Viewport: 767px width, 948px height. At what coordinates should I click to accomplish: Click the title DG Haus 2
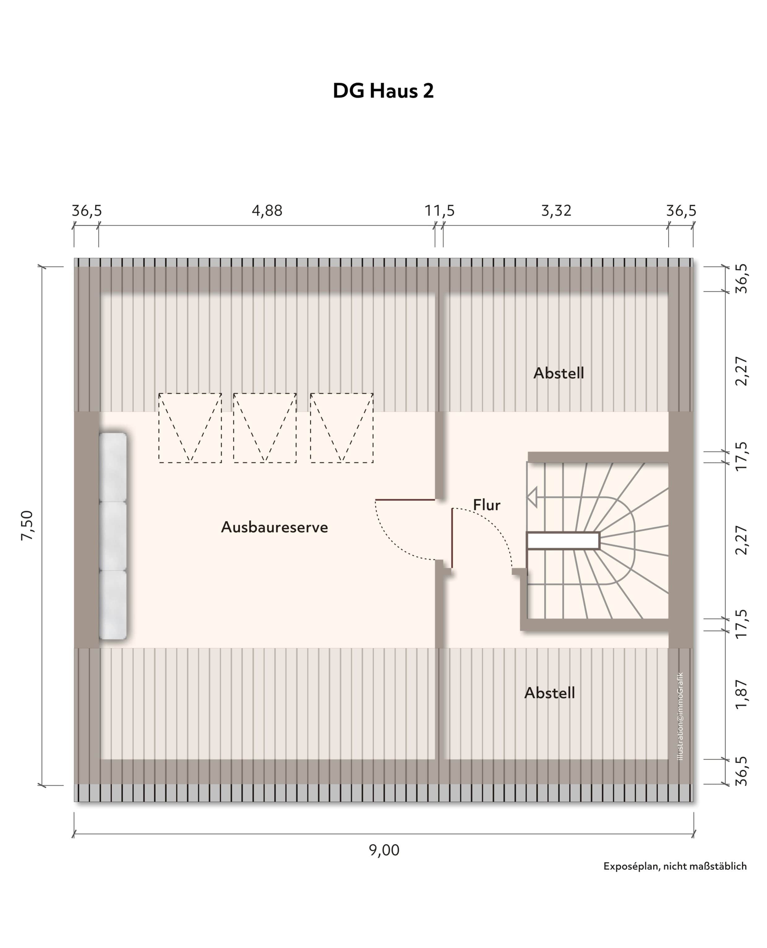[x=383, y=91]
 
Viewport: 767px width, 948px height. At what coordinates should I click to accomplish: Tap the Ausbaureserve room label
[x=274, y=527]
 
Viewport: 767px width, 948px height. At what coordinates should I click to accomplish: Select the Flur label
[x=486, y=505]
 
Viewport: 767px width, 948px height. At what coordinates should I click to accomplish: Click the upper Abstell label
[x=559, y=373]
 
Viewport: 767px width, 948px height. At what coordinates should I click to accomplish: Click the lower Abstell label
[x=550, y=693]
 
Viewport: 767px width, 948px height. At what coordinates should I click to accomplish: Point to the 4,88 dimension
[x=267, y=211]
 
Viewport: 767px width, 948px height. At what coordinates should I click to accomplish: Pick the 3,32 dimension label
[x=556, y=211]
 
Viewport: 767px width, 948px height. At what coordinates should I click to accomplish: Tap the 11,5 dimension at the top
[x=439, y=211]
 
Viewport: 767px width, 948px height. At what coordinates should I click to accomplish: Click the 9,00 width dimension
[x=384, y=850]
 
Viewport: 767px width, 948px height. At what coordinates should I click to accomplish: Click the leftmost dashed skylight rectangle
[x=190, y=428]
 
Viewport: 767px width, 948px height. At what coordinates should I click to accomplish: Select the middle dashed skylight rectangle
[x=265, y=428]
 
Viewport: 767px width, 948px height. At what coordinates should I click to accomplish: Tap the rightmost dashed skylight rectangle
[x=341, y=428]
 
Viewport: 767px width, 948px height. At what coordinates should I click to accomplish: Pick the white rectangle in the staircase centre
[x=563, y=540]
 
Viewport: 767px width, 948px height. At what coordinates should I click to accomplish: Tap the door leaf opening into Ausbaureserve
[x=405, y=500]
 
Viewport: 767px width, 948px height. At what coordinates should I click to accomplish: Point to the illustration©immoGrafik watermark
[x=680, y=717]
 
